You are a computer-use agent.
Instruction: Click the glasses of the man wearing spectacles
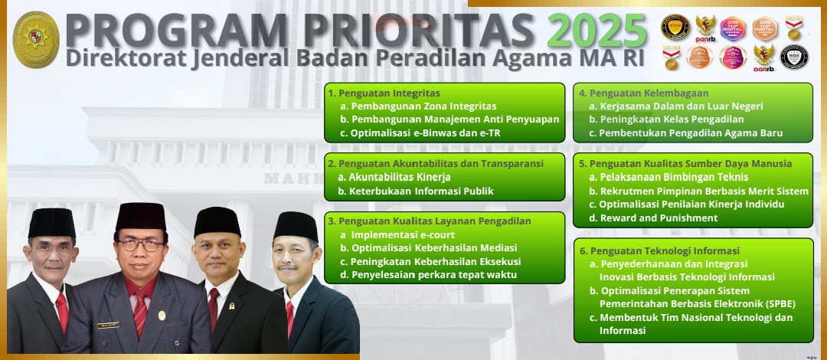141,244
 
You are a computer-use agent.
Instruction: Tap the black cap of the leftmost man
52,222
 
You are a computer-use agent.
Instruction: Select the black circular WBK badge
794,57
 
